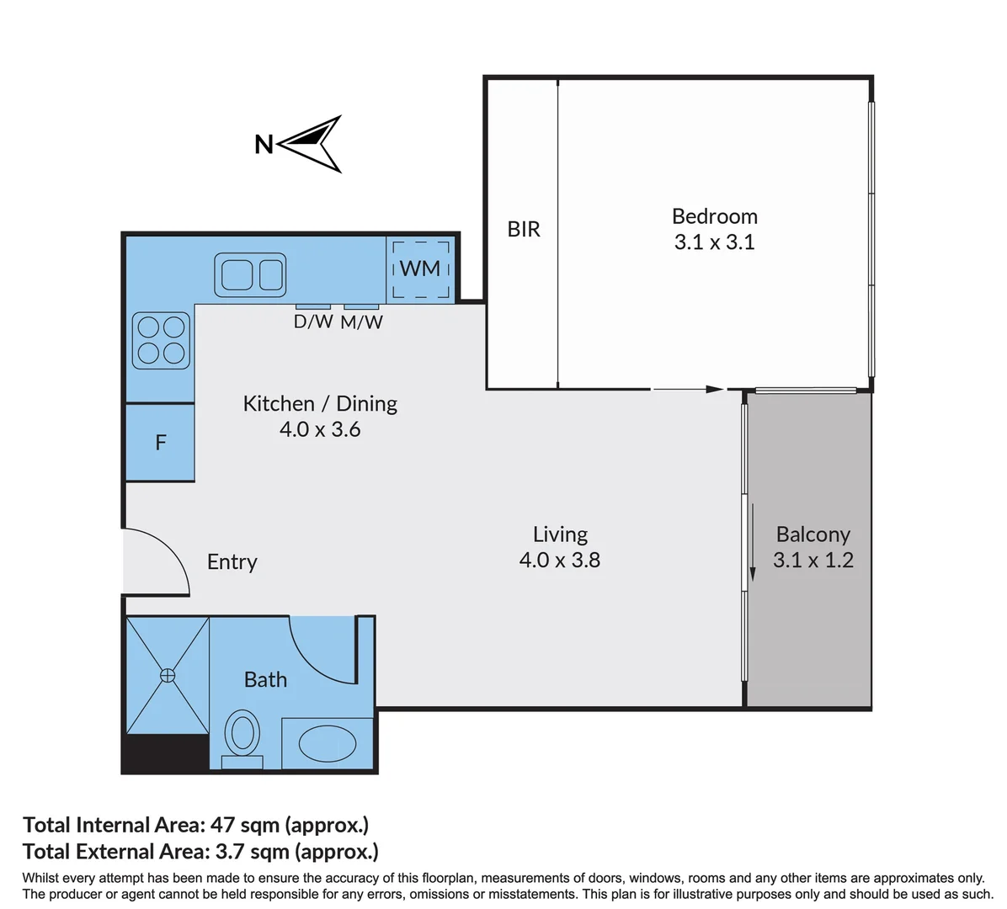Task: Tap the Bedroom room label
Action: click(x=715, y=216)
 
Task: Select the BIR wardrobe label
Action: click(x=524, y=229)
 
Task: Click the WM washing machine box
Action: click(x=421, y=269)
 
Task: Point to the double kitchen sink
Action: click(x=250, y=274)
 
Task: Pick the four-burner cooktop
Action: click(x=161, y=340)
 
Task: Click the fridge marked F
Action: click(x=160, y=443)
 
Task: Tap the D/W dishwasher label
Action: click(x=313, y=322)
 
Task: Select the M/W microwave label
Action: click(x=361, y=322)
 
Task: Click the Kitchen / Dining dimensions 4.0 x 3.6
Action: click(x=320, y=428)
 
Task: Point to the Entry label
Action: click(x=232, y=562)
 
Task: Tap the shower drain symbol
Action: click(x=168, y=675)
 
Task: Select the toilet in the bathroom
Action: click(x=242, y=738)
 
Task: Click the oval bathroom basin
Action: click(x=328, y=743)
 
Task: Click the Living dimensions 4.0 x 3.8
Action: click(x=559, y=560)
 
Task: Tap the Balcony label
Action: click(x=813, y=534)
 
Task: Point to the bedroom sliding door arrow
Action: click(x=688, y=389)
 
